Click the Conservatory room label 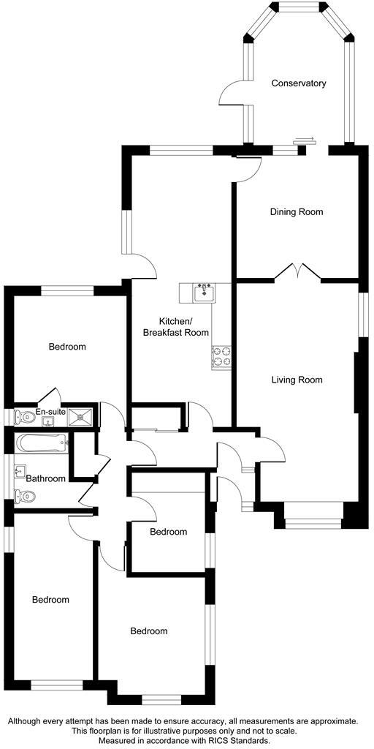coord(298,83)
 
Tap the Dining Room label coord(296,212)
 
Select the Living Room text coord(297,380)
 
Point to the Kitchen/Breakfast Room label coord(175,327)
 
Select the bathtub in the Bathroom coord(42,443)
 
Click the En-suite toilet coord(22,417)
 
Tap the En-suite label coord(50,413)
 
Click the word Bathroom coord(45,478)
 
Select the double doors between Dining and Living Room coord(297,273)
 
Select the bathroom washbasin coord(20,470)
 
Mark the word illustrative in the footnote coord(163,731)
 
